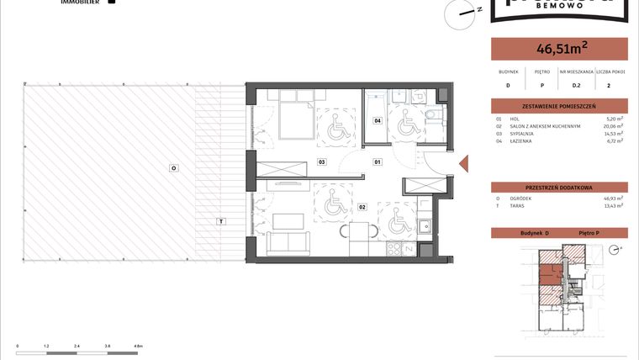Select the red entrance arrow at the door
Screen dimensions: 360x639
coord(462,162)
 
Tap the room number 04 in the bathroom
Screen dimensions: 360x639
coord(378,121)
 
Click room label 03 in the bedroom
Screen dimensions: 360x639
coord(321,161)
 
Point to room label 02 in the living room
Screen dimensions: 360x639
coord(362,206)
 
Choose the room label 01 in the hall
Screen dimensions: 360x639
coord(378,161)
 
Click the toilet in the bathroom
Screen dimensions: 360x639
coord(430,116)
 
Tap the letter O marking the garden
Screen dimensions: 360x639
coord(173,168)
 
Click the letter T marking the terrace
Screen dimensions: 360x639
coord(220,221)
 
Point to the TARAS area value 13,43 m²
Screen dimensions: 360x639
coord(615,205)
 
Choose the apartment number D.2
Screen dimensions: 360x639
coord(577,85)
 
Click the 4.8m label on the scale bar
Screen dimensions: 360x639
coord(139,346)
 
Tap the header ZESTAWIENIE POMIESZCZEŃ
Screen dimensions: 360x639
coord(558,106)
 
